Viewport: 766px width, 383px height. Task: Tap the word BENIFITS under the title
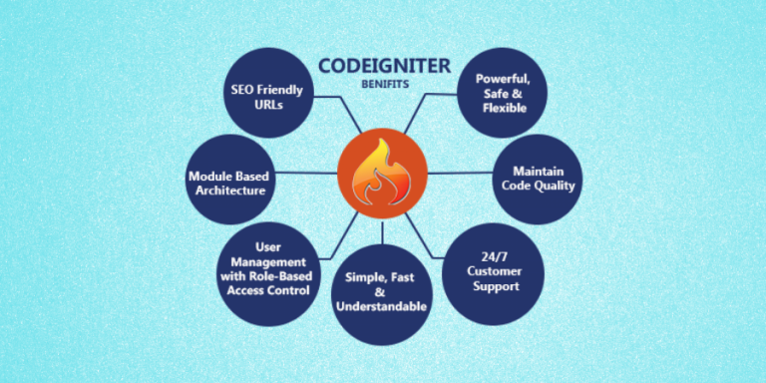(385, 85)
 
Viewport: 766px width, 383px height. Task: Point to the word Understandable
(386, 306)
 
